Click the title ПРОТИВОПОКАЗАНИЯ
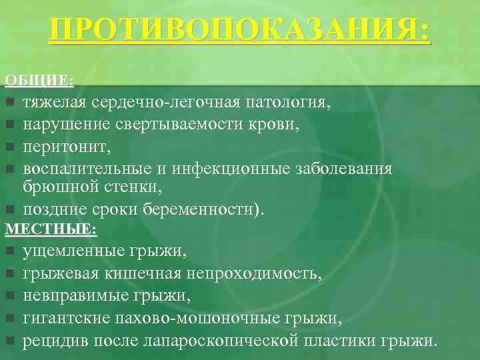pos(240,31)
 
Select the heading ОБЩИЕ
pos(39,81)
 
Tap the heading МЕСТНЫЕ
pos(51,231)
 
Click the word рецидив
pos(51,341)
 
